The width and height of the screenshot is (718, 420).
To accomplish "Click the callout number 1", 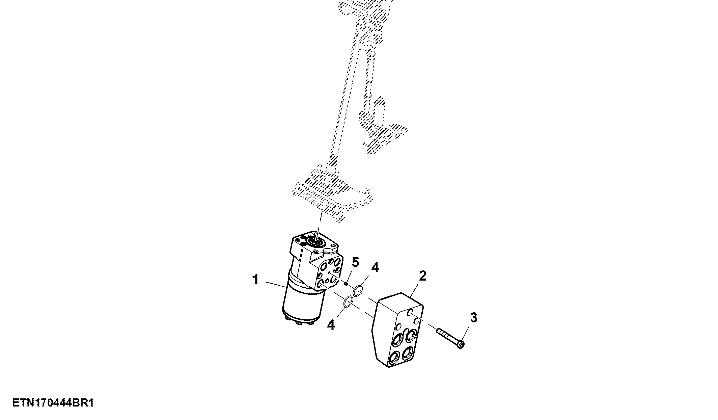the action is [x=256, y=280].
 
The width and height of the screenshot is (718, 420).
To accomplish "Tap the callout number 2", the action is [x=422, y=276].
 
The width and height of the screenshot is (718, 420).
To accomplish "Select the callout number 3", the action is [x=474, y=317].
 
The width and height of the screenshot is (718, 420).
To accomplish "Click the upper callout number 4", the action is [x=375, y=268].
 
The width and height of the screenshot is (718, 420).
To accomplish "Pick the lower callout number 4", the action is [x=331, y=325].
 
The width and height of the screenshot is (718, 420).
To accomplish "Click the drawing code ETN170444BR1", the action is [x=53, y=403].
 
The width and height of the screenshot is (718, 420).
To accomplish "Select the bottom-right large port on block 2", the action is [x=409, y=353].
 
